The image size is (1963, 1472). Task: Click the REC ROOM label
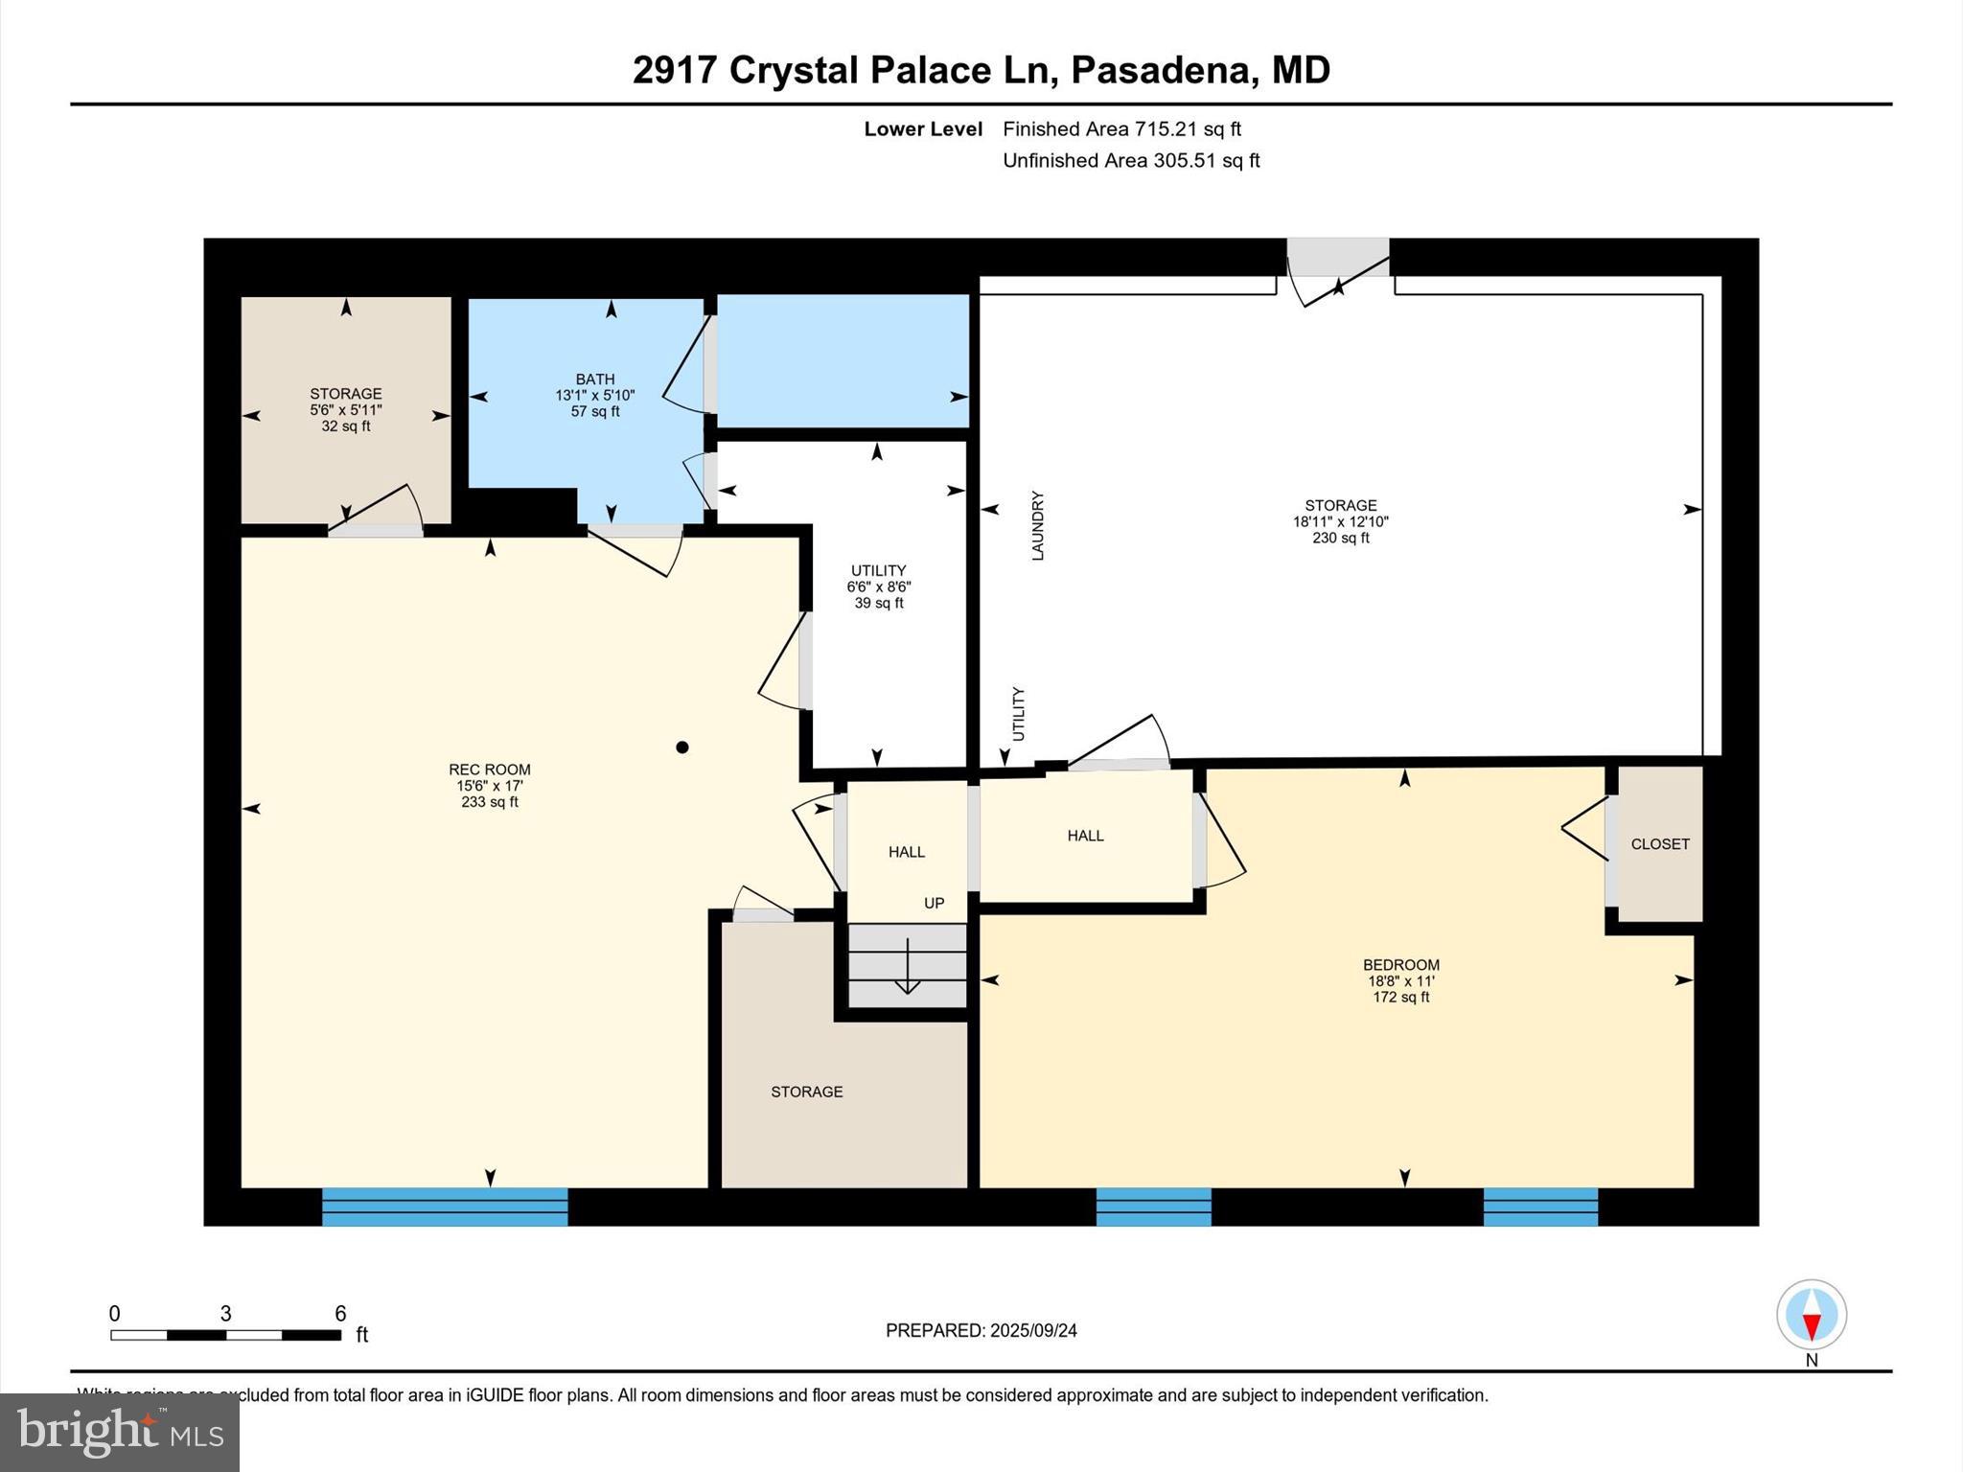(x=489, y=770)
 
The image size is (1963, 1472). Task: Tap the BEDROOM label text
(x=1400, y=965)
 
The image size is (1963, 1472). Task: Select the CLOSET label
(x=1659, y=844)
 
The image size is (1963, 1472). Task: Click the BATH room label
(x=594, y=379)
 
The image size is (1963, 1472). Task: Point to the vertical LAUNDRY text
(x=1037, y=526)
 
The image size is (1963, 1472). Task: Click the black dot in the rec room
(x=681, y=747)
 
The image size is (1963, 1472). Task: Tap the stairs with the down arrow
(x=907, y=966)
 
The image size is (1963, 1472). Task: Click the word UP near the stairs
(x=934, y=903)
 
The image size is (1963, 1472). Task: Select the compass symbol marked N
(x=1811, y=1316)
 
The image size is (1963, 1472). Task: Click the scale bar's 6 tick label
(x=340, y=1314)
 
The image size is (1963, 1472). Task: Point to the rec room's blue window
(x=445, y=1207)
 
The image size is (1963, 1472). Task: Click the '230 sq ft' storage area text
(x=1340, y=539)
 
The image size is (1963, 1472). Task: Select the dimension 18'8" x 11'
(x=1400, y=981)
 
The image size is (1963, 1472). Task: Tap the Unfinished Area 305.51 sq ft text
(x=1130, y=161)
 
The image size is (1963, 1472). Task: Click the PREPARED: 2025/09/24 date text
(x=981, y=1330)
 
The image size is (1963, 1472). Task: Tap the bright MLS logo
(x=120, y=1432)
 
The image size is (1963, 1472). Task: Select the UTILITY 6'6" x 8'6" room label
(x=878, y=586)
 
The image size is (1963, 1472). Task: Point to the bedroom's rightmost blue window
(x=1540, y=1207)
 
